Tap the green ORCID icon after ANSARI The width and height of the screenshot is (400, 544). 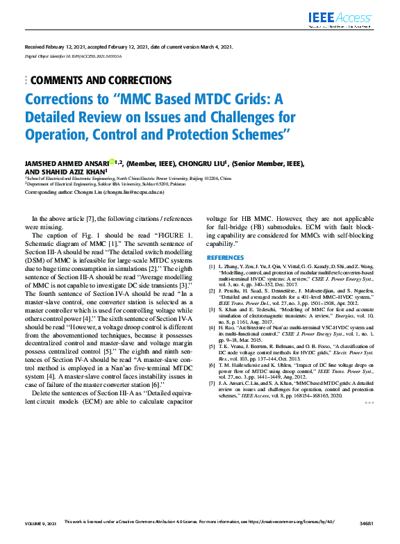pos(111,161)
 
